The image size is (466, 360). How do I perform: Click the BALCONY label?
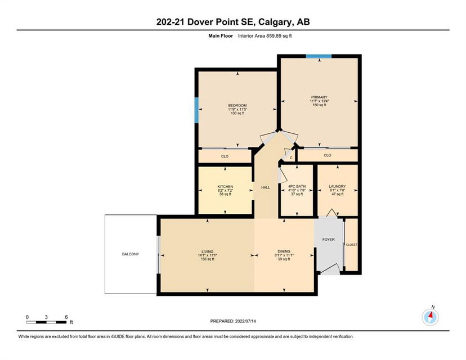(131, 254)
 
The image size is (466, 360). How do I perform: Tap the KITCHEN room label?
(225, 187)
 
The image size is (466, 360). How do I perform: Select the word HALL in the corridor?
(266, 187)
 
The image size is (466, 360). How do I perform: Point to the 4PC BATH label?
(297, 187)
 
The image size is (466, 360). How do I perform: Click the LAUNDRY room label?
(337, 187)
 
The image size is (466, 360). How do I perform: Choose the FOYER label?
(329, 240)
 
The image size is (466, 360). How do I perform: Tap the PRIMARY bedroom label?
(319, 97)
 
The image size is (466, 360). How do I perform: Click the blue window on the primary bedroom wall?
(319, 56)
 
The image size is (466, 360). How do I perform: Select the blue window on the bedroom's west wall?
(196, 110)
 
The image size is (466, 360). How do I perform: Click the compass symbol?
(431, 317)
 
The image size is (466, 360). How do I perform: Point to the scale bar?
(46, 322)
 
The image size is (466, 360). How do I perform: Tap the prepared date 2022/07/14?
(245, 321)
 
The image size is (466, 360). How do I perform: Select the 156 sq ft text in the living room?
(208, 259)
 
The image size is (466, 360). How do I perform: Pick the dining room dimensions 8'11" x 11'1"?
(284, 255)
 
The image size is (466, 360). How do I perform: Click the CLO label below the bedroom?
(225, 156)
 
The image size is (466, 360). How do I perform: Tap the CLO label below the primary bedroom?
(328, 155)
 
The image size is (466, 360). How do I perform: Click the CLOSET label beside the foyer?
(352, 245)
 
